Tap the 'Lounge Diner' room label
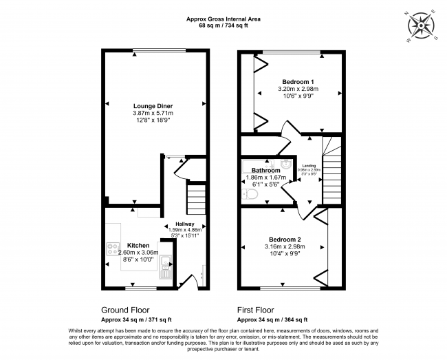[x=153, y=105]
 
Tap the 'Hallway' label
[x=184, y=224]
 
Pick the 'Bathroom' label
[x=265, y=170]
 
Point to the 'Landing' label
[x=309, y=166]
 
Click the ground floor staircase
[x=197, y=199]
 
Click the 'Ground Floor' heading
[x=125, y=310]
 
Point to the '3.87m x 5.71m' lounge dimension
[x=153, y=113]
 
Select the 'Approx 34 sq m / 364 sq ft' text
[x=272, y=320]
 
